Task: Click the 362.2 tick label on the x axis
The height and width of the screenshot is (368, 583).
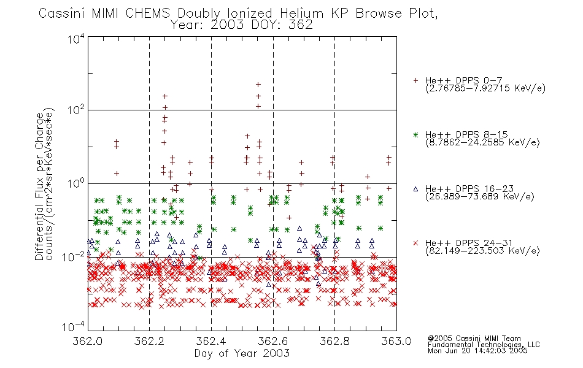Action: tap(149, 341)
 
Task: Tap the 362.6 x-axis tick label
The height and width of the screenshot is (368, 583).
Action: tap(273, 341)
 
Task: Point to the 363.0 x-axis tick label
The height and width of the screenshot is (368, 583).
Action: tap(396, 341)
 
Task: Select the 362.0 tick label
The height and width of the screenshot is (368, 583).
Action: tap(87, 341)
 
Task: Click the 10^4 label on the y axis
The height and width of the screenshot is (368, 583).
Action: tap(76, 39)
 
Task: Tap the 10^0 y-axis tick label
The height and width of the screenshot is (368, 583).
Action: tap(76, 183)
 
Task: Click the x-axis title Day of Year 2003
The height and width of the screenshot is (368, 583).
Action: tap(242, 353)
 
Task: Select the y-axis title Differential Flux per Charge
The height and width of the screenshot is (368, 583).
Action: tap(39, 186)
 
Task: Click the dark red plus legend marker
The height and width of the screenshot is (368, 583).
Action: tap(415, 80)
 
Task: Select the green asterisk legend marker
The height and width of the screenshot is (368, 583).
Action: tap(415, 134)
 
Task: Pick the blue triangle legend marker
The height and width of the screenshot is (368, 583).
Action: tap(415, 189)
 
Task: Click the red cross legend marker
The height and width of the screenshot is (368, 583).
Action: tap(415, 243)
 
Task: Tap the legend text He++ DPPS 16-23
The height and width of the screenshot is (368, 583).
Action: tap(469, 189)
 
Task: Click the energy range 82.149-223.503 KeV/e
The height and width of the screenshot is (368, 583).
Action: tap(482, 251)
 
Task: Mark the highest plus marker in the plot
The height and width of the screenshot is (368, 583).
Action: tap(258, 85)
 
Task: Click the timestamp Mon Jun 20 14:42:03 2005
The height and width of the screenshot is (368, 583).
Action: tap(477, 351)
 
